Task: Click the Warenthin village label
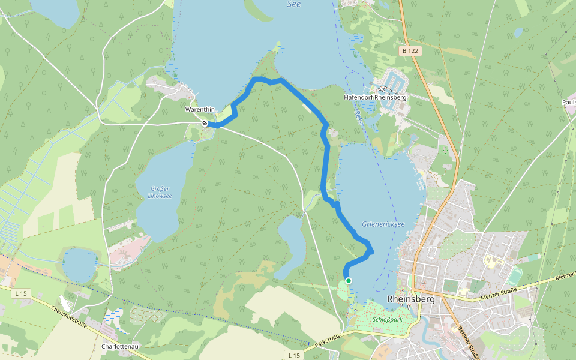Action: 201,110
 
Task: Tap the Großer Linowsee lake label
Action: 160,191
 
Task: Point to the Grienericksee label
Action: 383,224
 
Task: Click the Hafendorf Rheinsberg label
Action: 375,97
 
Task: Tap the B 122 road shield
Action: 410,51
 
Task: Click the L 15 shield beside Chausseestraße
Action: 21,293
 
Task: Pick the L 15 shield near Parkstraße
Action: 293,355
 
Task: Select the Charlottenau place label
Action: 121,347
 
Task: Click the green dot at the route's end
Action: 348,280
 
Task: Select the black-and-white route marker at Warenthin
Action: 205,124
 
